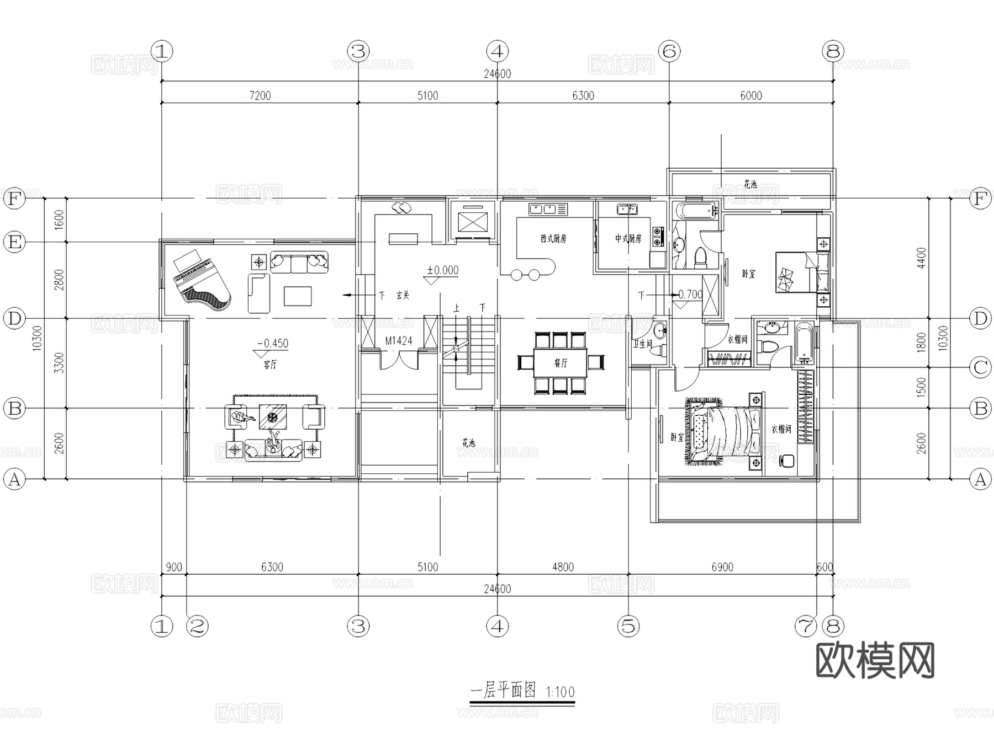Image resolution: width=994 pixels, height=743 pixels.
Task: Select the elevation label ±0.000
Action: [442, 270]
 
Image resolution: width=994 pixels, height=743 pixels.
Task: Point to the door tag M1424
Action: [399, 341]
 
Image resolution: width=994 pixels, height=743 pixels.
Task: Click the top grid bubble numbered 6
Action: [669, 51]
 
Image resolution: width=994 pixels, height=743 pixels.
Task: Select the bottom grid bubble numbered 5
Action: [628, 626]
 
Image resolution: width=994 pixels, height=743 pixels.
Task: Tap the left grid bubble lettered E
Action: [14, 242]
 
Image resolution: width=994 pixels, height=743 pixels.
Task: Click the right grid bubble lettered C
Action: [980, 367]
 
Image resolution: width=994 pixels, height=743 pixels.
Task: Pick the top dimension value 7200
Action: [260, 95]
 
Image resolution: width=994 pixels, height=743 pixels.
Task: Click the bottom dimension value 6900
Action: [722, 567]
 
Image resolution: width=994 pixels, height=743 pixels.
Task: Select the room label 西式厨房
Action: [553, 239]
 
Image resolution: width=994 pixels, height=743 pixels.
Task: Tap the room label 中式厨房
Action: [628, 239]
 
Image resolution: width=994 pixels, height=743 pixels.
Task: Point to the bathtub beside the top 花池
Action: [695, 210]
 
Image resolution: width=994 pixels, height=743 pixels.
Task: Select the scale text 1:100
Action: [560, 692]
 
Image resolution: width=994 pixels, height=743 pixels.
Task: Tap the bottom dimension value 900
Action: [173, 567]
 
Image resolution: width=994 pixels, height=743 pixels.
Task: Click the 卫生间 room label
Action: [642, 343]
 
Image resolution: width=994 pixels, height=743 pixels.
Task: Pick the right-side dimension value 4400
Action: [921, 258]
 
